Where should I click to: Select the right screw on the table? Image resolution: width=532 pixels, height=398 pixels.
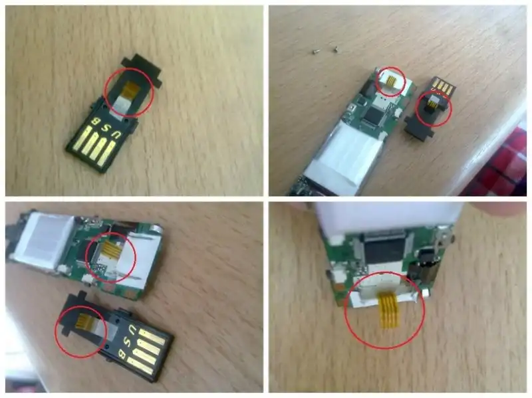(x=335, y=49)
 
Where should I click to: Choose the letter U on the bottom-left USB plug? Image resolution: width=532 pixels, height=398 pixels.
(x=132, y=329)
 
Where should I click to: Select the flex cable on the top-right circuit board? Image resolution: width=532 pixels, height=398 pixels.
(x=391, y=81)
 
